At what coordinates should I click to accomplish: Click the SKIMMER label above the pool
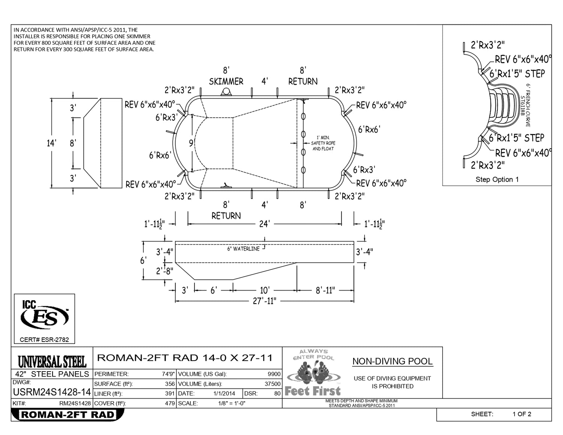pos(226,81)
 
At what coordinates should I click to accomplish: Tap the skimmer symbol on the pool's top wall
pos(226,92)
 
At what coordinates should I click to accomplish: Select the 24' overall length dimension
pos(265,224)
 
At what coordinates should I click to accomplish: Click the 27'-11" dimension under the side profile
pos(265,301)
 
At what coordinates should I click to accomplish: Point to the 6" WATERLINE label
pos(243,249)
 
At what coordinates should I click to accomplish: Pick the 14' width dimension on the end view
pos(51,143)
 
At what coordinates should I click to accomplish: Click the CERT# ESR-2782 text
pos(44,340)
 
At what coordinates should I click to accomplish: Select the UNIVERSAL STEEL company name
pos(52,361)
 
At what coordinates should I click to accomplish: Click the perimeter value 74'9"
pos(169,374)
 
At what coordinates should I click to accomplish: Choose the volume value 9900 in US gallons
pos(274,374)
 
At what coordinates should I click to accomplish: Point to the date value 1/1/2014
pos(224,394)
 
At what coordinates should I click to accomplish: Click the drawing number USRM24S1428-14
pos(52,392)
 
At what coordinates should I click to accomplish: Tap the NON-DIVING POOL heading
pos(393,361)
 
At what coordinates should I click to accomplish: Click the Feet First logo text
pos(313,391)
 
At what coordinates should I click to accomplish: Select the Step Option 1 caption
pos(497,179)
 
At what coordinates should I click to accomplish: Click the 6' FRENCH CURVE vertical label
pos(528,105)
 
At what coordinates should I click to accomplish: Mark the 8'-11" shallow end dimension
pos(325,290)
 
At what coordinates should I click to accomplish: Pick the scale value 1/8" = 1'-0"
pos(232,403)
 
